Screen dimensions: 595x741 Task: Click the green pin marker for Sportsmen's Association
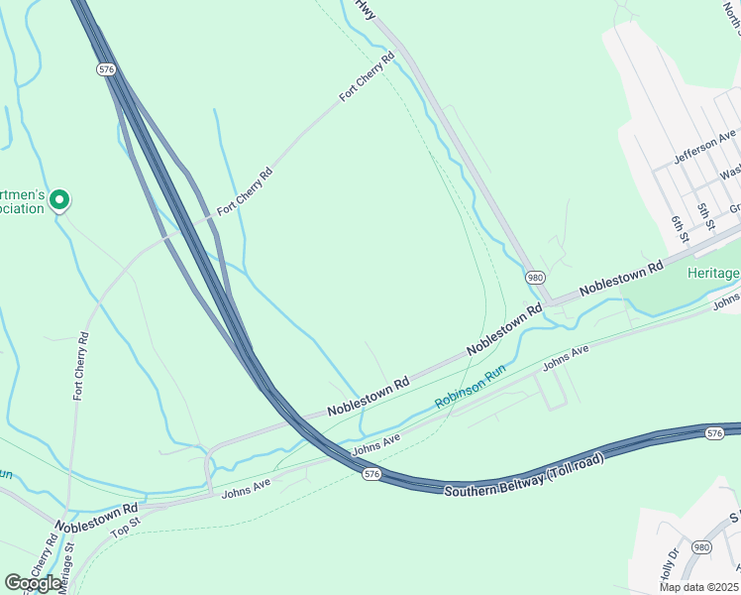(59, 200)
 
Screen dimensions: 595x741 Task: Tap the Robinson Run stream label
(470, 387)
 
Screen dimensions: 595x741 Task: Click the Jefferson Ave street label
(704, 147)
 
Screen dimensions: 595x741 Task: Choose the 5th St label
(704, 215)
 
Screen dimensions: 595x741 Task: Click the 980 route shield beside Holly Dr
(701, 547)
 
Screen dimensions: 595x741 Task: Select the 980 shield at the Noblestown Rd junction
(535, 279)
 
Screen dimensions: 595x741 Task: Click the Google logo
(33, 583)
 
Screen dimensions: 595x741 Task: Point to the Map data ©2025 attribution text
(699, 587)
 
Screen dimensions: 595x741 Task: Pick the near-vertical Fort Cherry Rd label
(81, 366)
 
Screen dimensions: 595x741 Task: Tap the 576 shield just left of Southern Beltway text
(371, 475)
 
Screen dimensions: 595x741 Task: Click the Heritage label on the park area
(713, 274)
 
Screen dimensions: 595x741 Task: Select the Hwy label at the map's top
(366, 10)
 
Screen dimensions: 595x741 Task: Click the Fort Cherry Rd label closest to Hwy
(367, 76)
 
